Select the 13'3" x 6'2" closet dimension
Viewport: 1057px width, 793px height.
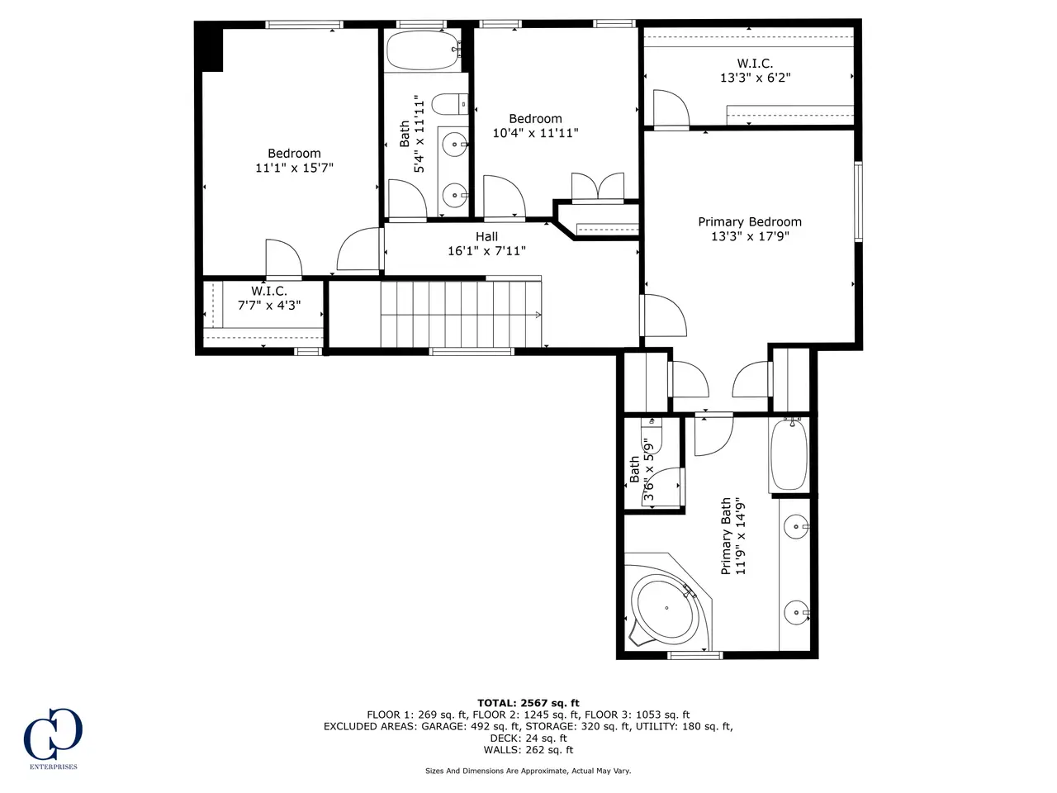755,78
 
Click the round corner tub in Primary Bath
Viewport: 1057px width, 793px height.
666,608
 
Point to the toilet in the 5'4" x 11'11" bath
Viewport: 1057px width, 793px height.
449,104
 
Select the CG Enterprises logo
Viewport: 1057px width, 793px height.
53,738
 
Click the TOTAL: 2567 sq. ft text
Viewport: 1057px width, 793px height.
528,703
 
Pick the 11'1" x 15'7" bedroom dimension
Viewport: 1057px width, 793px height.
294,168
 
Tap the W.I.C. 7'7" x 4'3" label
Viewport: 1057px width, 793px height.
269,298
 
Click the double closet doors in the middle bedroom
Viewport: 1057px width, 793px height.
598,186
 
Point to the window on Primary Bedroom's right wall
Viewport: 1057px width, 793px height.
858,202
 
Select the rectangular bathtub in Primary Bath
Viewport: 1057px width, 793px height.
789,454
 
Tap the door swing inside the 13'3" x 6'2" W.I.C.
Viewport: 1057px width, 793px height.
671,109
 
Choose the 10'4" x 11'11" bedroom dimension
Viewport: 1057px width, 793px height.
535,133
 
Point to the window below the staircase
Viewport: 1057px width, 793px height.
472,352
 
